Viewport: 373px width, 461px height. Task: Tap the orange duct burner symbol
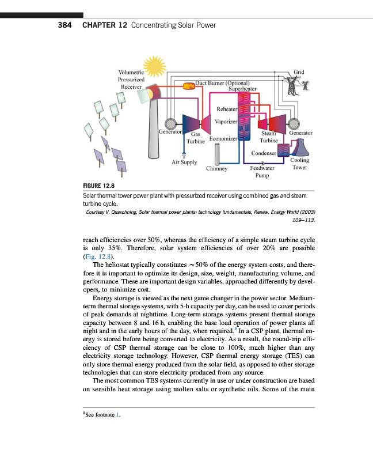[x=188, y=86]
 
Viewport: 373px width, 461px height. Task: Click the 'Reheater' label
[x=227, y=109]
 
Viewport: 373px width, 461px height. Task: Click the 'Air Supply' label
[x=184, y=163]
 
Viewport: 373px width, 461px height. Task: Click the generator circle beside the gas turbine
[x=169, y=124]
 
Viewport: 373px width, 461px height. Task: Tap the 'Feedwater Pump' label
[x=262, y=172]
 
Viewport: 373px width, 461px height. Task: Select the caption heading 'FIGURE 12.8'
[x=100, y=186]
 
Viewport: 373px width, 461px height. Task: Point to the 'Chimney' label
[x=217, y=169]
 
